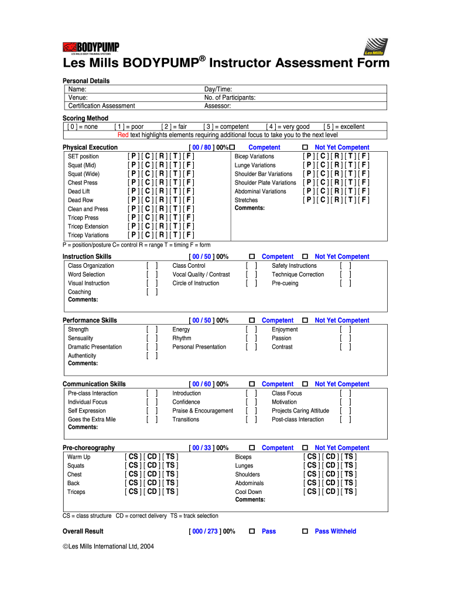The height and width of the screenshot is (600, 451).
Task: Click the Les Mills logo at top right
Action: click(375, 46)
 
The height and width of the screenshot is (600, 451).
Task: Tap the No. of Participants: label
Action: click(230, 97)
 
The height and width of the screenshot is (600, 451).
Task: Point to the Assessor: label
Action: click(218, 106)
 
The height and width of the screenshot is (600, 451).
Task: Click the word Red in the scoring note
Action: click(123, 135)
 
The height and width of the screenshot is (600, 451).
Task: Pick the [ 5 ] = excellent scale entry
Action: click(344, 127)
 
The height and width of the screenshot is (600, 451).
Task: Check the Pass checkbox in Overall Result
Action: click(252, 531)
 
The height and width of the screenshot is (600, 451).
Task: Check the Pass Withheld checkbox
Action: click(305, 531)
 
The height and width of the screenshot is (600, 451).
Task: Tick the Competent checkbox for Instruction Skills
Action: click(252, 257)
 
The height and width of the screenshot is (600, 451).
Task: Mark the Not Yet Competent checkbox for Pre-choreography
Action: click(305, 448)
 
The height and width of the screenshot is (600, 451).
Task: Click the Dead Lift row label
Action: click(79, 192)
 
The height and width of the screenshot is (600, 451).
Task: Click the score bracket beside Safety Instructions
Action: click(346, 265)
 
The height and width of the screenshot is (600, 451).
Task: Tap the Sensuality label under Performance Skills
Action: click(81, 338)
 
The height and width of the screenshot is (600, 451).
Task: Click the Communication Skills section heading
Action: click(94, 384)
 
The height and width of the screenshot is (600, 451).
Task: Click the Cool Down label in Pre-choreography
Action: click(248, 492)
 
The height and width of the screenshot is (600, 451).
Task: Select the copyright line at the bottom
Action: click(108, 546)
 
